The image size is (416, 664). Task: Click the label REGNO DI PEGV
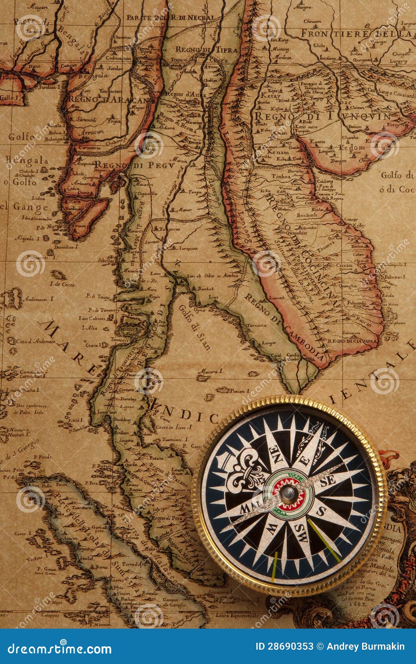pos(134,165)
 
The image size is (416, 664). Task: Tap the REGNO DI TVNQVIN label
pos(322,116)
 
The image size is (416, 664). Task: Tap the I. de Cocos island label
pos(63,284)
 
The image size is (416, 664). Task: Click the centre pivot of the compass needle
pos(288,493)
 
